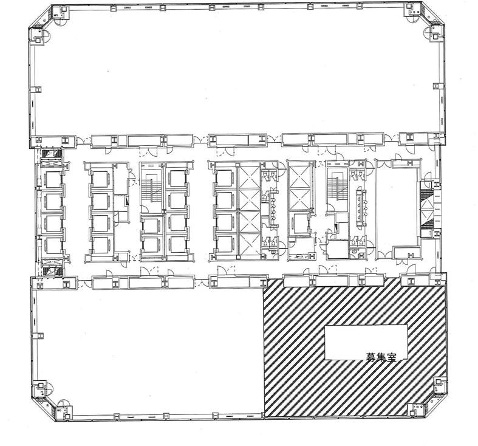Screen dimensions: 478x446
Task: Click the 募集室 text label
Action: point(381,357)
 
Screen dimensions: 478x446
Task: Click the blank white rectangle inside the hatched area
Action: point(366,342)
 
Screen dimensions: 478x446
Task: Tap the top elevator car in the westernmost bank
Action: point(52,179)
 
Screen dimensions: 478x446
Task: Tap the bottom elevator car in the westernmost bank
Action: point(52,245)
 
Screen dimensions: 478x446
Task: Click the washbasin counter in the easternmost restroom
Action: point(362,208)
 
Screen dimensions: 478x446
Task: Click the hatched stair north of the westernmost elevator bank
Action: point(52,153)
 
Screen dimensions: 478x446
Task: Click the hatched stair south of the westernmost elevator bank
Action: point(52,272)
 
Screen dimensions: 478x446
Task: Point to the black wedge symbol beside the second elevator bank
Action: point(127,201)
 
